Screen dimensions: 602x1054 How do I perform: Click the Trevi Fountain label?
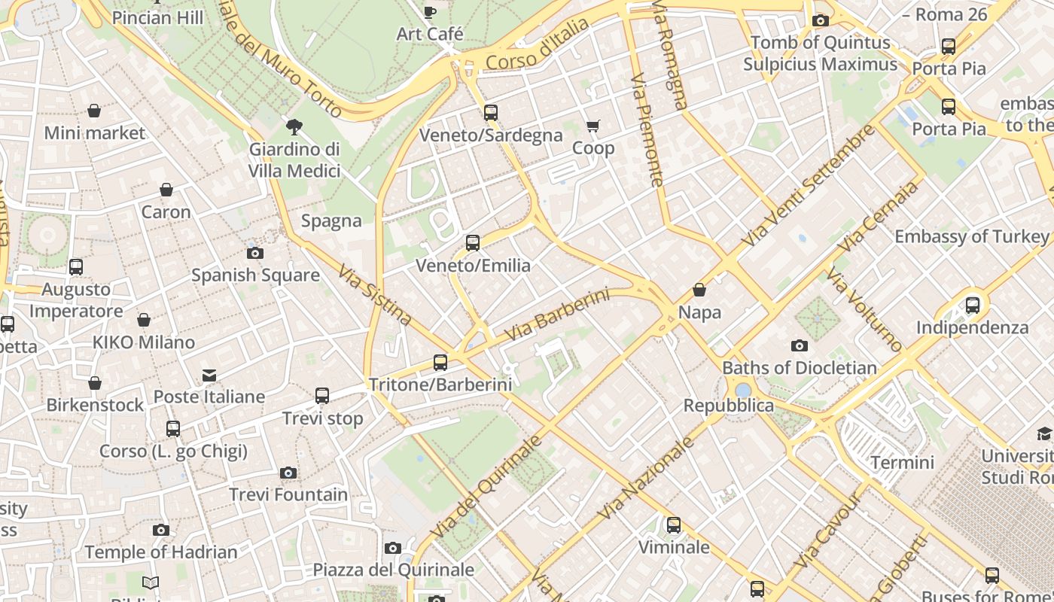tap(288, 494)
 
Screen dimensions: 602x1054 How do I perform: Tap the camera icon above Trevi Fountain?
tap(288, 473)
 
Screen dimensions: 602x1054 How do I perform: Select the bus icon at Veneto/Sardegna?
tap(491, 113)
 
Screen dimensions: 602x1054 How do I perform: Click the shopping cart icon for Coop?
tap(593, 126)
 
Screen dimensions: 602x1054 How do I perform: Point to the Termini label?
tap(902, 462)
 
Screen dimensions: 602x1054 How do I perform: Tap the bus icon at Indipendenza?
tap(973, 306)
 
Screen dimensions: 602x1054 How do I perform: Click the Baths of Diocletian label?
tap(800, 368)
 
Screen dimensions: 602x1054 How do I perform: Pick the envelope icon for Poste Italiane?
tap(209, 375)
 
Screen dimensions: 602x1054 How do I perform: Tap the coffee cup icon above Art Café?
tap(429, 12)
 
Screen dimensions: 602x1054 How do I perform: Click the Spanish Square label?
tap(255, 275)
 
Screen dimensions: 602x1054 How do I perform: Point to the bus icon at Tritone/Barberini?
tap(440, 363)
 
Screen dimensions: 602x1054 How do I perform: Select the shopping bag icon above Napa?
tap(699, 290)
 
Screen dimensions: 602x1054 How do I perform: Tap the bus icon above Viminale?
tap(674, 525)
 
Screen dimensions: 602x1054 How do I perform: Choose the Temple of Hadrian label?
tap(161, 552)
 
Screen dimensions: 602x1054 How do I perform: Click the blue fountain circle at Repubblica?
tap(743, 390)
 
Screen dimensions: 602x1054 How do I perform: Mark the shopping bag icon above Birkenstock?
tap(95, 383)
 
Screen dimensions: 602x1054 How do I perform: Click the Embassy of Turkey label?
tap(971, 236)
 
